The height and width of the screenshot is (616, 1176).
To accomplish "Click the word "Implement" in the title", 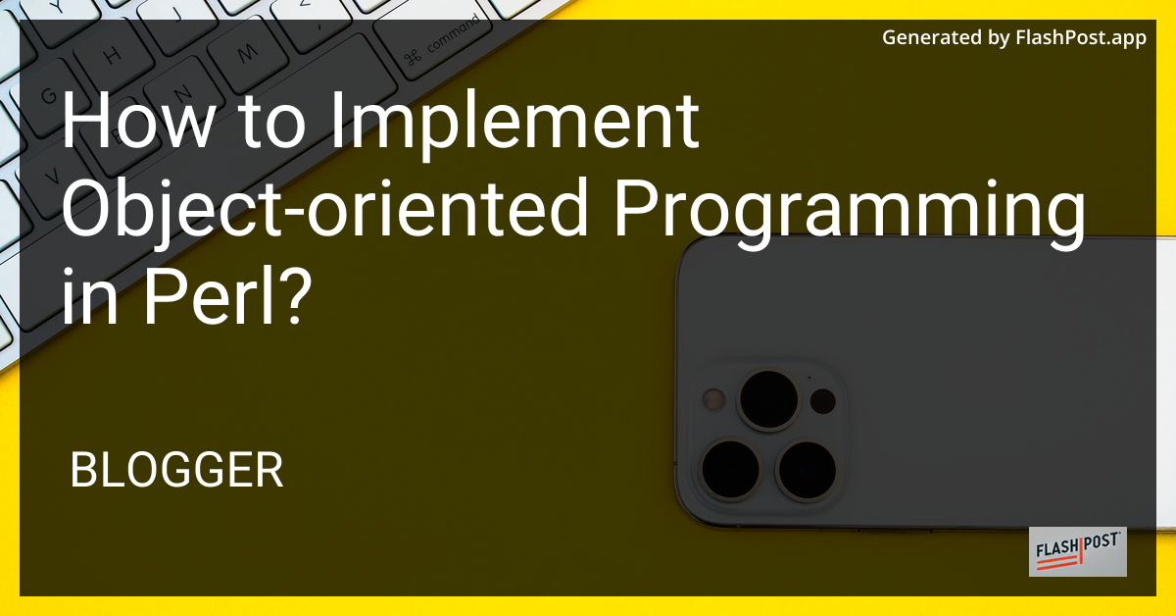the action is (514, 126).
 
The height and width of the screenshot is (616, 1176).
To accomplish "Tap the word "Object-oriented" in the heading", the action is (324, 209).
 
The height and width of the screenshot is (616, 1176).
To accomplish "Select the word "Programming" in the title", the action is (849, 214).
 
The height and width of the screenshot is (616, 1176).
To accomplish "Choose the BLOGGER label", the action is (176, 470).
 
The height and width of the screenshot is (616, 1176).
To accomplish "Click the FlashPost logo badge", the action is (1077, 551).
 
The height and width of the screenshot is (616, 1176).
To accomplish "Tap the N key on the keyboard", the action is (182, 94).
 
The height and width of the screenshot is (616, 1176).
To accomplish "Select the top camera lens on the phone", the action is (769, 399).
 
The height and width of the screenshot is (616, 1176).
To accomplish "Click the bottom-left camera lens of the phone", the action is (730, 469).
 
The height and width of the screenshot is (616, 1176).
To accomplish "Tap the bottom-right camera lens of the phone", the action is (807, 470).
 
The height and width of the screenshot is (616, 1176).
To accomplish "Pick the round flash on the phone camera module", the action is (713, 399).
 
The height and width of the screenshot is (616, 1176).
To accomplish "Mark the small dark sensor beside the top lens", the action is (822, 401).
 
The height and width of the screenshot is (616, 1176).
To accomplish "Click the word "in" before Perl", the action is (89, 296).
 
